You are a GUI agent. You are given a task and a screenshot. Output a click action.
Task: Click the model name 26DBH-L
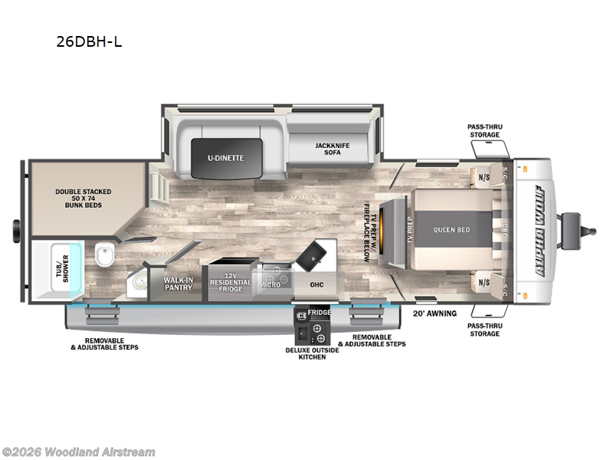89,42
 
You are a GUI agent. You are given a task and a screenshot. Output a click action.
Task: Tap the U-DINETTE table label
226,158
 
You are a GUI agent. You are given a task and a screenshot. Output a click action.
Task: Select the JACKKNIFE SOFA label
333,148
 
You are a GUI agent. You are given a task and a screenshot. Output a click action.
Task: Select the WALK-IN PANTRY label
178,284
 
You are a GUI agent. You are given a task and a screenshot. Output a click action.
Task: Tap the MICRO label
270,284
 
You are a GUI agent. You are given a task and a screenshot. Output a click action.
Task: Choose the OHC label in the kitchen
316,284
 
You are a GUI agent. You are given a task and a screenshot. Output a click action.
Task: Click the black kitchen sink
315,255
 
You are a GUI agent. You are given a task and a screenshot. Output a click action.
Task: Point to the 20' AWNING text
434,313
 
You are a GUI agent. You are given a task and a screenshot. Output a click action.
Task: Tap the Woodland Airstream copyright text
78,452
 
